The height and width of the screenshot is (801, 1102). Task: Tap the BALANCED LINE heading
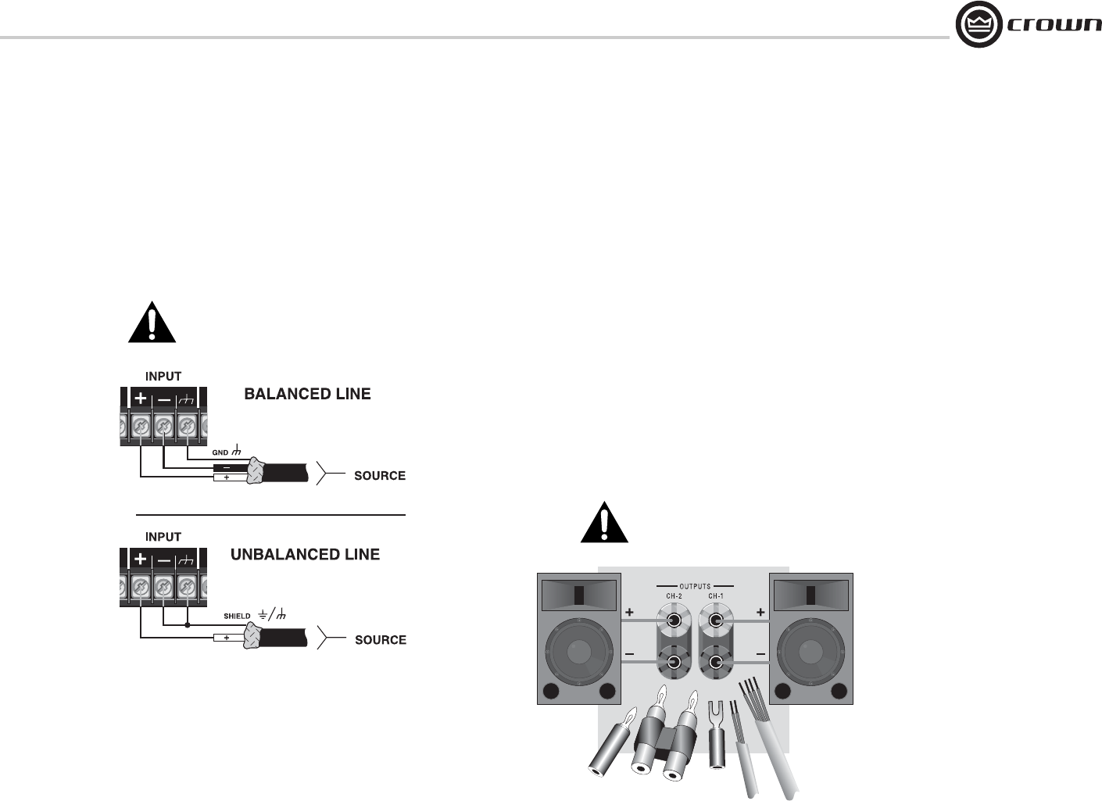coord(307,394)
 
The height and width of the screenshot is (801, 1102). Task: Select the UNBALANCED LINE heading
coord(305,555)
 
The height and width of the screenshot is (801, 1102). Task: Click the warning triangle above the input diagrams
coord(152,324)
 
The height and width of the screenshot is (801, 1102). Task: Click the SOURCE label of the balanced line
coord(380,476)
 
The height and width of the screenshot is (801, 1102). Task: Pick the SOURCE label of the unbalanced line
coord(381,640)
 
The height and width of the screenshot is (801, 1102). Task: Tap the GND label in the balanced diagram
coord(221,452)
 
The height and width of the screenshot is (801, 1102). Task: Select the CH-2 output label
coord(674,596)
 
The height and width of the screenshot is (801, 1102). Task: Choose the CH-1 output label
coord(715,596)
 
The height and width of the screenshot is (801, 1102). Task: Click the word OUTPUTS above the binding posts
coord(695,585)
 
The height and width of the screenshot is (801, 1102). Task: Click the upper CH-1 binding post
coord(715,622)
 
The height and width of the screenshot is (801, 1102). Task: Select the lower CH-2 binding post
coord(674,663)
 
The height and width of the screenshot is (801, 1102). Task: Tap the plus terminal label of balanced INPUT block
coord(140,399)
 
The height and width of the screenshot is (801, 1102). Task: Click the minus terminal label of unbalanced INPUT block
coord(164,560)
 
